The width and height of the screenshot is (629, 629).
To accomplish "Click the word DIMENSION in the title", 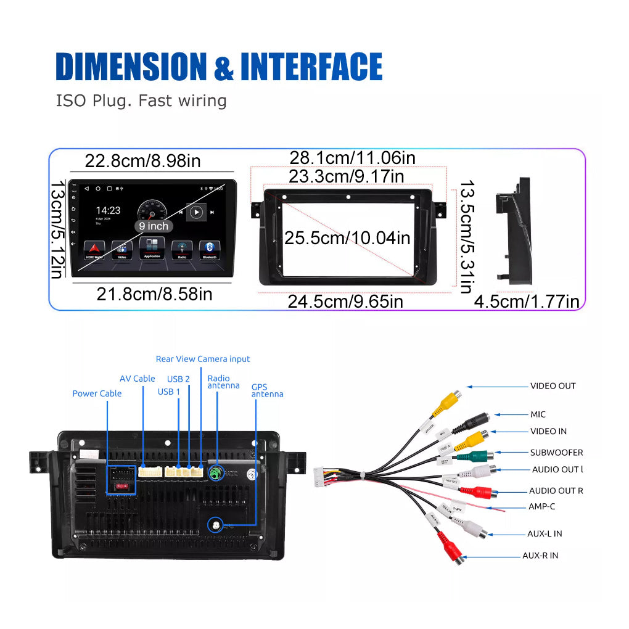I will (x=131, y=67).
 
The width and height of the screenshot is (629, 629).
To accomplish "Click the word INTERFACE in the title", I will (x=311, y=67).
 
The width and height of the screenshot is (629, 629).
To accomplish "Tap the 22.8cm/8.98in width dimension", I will (x=142, y=161).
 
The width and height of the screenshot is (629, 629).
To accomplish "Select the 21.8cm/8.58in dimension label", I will (x=154, y=294).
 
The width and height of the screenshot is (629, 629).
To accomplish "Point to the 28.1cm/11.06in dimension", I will (x=352, y=158).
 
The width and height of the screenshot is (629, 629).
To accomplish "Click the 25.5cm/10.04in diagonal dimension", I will (x=347, y=237).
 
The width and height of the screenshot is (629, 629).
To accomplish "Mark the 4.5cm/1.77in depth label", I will (x=527, y=302).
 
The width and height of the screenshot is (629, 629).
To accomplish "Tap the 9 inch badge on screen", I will (x=154, y=226).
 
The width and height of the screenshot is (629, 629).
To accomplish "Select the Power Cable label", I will (x=97, y=393).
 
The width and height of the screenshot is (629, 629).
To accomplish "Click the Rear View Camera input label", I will (x=203, y=359).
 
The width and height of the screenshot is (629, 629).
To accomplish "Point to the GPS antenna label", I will (x=267, y=391).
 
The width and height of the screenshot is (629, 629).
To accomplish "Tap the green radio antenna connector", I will (x=216, y=474).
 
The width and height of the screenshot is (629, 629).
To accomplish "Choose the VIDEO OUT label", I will (x=553, y=386).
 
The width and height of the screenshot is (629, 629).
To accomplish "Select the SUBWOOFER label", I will (x=556, y=453).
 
